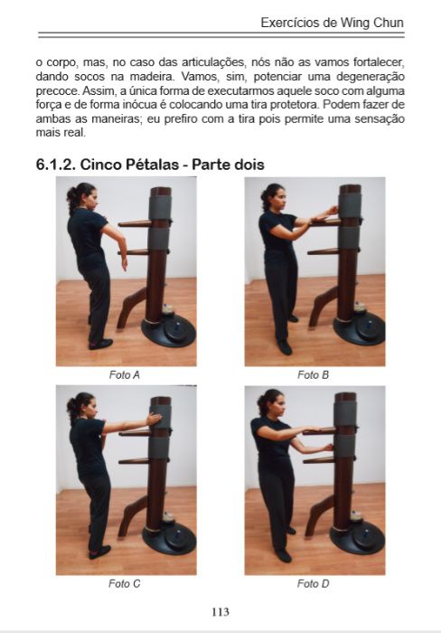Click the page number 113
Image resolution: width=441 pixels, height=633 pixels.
[x=220, y=610]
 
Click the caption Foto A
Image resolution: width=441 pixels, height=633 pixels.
[x=124, y=374]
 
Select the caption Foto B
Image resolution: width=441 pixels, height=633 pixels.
[x=314, y=374]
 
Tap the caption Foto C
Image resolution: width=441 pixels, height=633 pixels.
[x=124, y=583]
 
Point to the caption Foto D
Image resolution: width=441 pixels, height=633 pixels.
[x=314, y=583]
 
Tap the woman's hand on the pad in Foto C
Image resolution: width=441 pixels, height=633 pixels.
[x=155, y=420]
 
